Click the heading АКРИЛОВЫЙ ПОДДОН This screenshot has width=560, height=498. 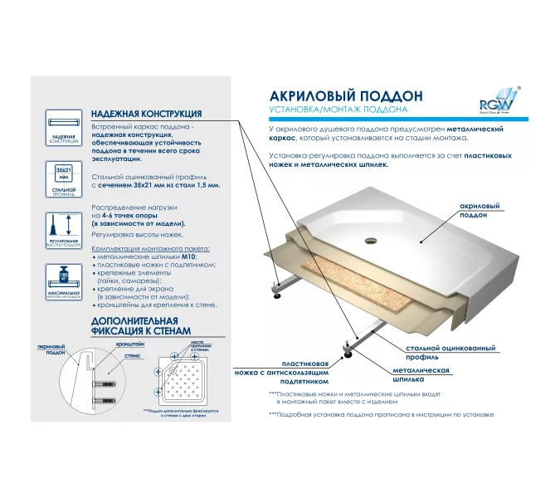[x=335, y=96]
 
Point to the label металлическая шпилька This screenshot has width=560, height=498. [x=421, y=374]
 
